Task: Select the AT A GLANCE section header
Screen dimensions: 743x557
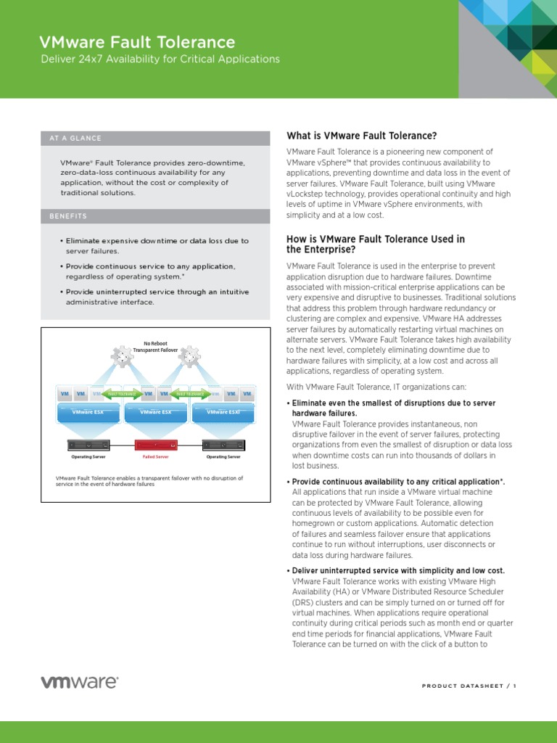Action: point(75,138)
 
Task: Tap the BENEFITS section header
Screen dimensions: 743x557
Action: point(68,216)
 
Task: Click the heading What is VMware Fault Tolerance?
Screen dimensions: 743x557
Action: point(362,136)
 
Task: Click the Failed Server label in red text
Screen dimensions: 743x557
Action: point(155,457)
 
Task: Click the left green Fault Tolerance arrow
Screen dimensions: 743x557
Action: point(121,394)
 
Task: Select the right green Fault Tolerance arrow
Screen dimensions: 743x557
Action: point(189,394)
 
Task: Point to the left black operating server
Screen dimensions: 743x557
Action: point(88,444)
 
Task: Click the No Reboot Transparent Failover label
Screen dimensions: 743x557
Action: point(155,345)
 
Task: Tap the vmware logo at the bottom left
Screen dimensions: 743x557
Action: point(79,682)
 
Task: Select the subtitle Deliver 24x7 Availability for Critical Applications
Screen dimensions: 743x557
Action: point(160,59)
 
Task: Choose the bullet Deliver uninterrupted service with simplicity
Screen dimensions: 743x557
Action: point(397,570)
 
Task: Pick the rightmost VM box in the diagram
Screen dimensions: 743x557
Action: point(247,394)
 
